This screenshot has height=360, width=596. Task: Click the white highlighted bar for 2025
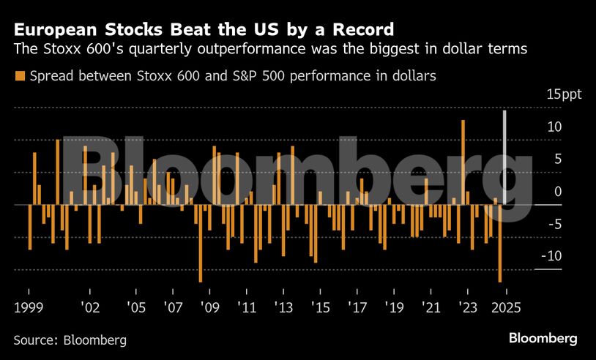(504, 157)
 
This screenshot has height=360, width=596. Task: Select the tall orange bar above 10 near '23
(463, 162)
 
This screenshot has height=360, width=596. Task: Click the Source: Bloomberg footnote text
(70, 340)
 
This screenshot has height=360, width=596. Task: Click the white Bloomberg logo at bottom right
(543, 339)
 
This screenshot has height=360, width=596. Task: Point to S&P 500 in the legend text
(284, 76)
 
